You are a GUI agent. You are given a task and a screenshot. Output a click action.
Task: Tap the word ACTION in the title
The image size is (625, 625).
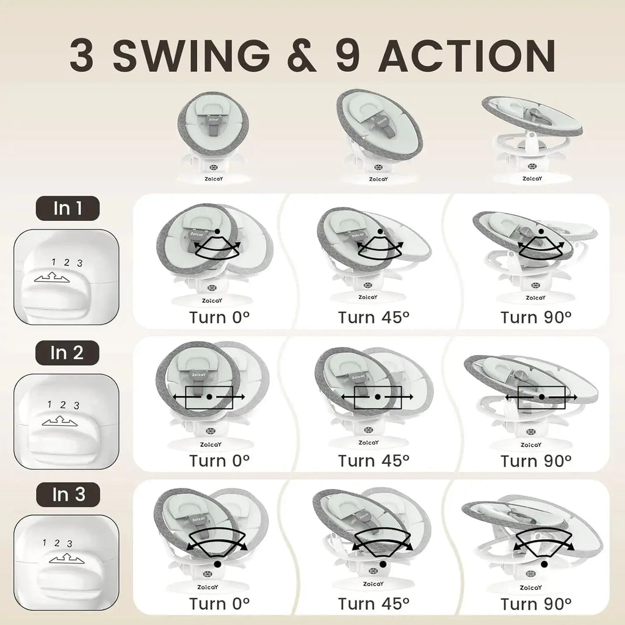(x=466, y=56)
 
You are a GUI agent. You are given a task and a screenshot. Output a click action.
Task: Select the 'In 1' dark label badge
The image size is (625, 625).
(x=68, y=208)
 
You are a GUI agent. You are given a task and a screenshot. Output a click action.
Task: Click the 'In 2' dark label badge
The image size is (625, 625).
(x=68, y=352)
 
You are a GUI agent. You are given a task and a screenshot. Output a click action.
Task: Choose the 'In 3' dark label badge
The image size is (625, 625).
(x=68, y=494)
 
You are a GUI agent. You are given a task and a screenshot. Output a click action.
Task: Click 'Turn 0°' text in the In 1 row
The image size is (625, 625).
(x=219, y=317)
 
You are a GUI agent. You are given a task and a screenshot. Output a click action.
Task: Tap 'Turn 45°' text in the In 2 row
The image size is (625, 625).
(x=374, y=460)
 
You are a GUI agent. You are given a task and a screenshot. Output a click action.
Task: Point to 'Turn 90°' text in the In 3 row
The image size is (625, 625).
(x=535, y=604)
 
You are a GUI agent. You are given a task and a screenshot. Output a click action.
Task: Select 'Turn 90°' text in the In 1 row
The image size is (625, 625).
(x=535, y=317)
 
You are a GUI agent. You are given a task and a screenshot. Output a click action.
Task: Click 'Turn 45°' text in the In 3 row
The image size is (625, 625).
(x=374, y=604)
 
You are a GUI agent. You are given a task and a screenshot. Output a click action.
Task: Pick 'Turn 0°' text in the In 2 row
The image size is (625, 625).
(x=219, y=460)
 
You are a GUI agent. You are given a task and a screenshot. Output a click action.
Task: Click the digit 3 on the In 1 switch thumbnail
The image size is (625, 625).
(x=80, y=264)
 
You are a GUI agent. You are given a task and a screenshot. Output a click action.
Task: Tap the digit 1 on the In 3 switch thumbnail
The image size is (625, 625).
(x=45, y=541)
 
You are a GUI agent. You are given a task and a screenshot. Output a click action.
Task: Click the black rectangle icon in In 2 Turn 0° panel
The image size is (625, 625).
(x=209, y=397)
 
